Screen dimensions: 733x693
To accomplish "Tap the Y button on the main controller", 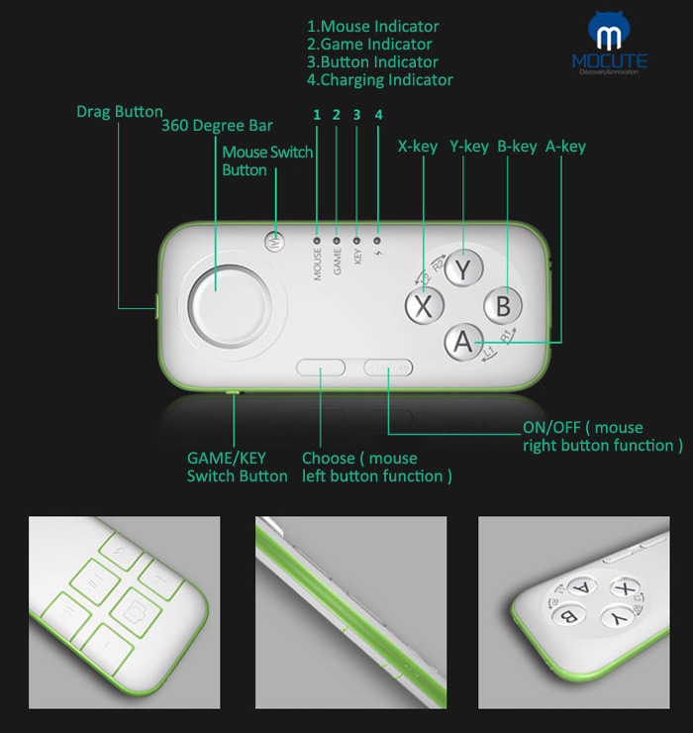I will tap(462, 268).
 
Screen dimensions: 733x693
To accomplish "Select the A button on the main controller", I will tap(462, 342).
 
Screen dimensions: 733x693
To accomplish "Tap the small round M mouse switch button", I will tap(276, 239).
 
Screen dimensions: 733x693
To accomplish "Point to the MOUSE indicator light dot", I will tap(318, 239).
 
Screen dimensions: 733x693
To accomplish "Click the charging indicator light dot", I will tap(377, 239).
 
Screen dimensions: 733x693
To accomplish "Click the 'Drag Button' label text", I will tap(120, 112).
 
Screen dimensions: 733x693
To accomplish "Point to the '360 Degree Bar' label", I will tap(217, 126).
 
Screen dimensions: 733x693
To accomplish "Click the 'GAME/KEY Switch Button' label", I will tap(238, 467).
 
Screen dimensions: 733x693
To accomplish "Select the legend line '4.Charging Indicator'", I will tap(380, 80).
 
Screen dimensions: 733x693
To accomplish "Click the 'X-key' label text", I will tap(417, 147).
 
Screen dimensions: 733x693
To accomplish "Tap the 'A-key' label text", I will tap(565, 147).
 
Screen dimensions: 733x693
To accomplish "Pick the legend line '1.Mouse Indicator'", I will tap(373, 27).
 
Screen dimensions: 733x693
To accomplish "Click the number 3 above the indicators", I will tap(356, 115).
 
